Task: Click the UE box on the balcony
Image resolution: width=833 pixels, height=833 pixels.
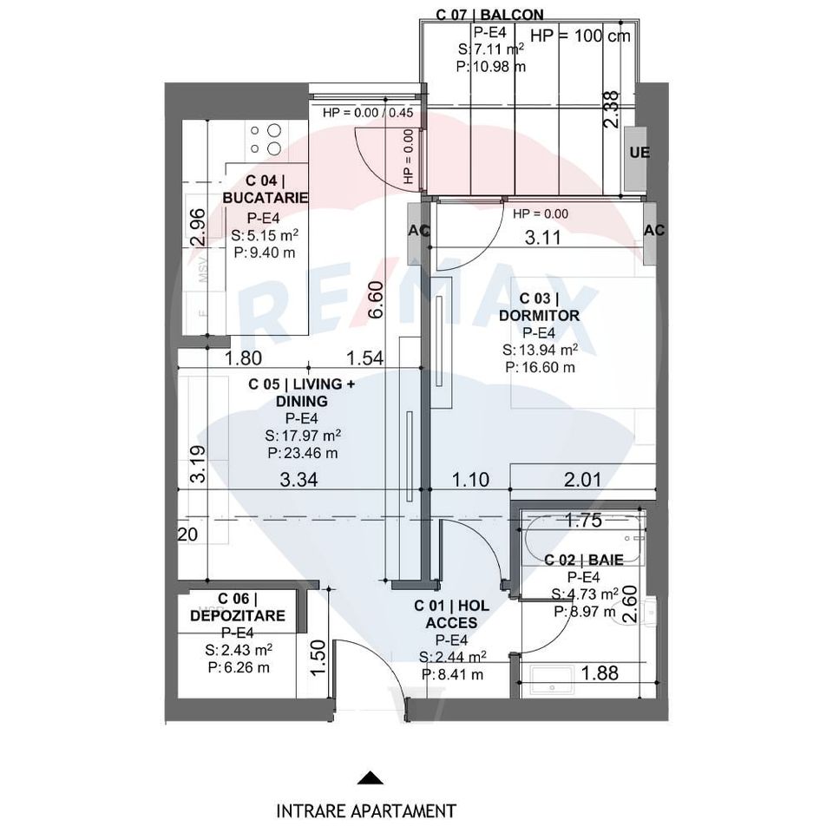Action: pyautogui.click(x=640, y=153)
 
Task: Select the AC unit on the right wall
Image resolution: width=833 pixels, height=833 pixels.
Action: pyautogui.click(x=654, y=230)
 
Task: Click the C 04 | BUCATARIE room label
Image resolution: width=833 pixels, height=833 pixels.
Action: pyautogui.click(x=266, y=189)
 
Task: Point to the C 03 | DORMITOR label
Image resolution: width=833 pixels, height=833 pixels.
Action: pyautogui.click(x=539, y=307)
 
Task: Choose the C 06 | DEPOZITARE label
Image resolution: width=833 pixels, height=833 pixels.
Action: pyautogui.click(x=237, y=607)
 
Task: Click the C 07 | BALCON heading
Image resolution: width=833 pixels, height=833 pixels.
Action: pyautogui.click(x=490, y=15)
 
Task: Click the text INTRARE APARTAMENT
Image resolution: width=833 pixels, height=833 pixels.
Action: pyautogui.click(x=366, y=811)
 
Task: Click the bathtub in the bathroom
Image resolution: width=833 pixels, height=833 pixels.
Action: pyautogui.click(x=583, y=540)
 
